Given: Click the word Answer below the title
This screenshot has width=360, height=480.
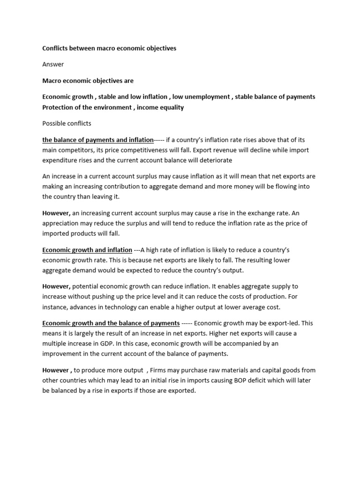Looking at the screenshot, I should pyautogui.click(x=53, y=64).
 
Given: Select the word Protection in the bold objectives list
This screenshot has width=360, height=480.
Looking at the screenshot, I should pyautogui.click(x=59, y=107).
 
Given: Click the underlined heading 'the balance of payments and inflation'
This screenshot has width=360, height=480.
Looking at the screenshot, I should pyautogui.click(x=97, y=140).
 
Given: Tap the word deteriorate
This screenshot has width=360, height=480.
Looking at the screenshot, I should pyautogui.click(x=214, y=160).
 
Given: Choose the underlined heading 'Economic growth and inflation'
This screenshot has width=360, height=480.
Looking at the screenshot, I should pyautogui.click(x=87, y=250).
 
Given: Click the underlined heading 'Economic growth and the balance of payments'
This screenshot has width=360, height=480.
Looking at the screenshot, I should pyautogui.click(x=111, y=323).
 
